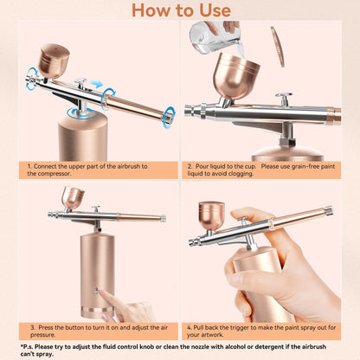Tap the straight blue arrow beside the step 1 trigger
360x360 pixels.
[95, 85]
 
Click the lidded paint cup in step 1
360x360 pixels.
[54, 60]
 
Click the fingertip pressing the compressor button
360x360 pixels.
[104, 295]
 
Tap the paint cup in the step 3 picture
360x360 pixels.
[73, 196]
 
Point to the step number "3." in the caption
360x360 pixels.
[31, 327]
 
